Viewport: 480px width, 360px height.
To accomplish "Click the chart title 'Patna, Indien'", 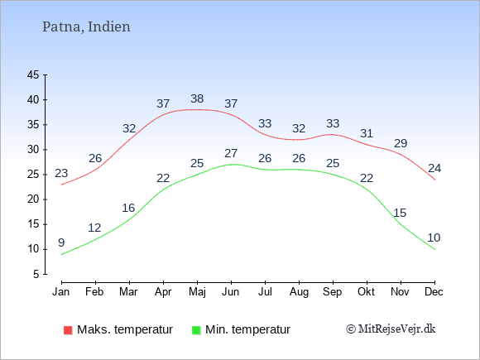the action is [x=86, y=27].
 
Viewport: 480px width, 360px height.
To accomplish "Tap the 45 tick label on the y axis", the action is [x=33, y=74].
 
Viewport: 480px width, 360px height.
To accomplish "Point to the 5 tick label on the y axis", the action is [x=36, y=274].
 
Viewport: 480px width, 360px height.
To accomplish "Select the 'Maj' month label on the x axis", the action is [x=197, y=292].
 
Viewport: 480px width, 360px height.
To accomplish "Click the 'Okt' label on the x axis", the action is [x=366, y=292].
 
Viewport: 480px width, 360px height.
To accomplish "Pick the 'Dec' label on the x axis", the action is [x=434, y=292].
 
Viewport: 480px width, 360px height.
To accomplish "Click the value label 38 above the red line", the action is [x=197, y=98].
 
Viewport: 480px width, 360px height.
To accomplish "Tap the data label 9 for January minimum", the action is [x=61, y=242].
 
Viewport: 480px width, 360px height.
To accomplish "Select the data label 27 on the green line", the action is [x=231, y=153].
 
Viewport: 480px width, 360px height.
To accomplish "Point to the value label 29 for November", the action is [x=401, y=143].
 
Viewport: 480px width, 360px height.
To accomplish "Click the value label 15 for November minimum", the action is [x=400, y=213].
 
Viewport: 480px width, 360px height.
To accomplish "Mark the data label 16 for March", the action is [x=128, y=209].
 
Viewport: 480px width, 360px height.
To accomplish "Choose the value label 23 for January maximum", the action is [x=61, y=173].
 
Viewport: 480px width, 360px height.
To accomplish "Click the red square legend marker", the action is [x=68, y=330].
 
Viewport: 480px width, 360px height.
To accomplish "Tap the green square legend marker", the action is [x=196, y=330].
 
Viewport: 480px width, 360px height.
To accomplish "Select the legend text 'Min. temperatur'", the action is [x=247, y=329].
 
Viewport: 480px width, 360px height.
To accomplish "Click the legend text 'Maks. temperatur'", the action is [x=125, y=329].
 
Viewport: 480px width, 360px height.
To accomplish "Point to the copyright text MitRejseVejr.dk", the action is [x=391, y=329].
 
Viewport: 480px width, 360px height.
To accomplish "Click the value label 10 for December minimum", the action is [x=434, y=238].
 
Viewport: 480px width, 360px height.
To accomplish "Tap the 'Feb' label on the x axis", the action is [x=94, y=292].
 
